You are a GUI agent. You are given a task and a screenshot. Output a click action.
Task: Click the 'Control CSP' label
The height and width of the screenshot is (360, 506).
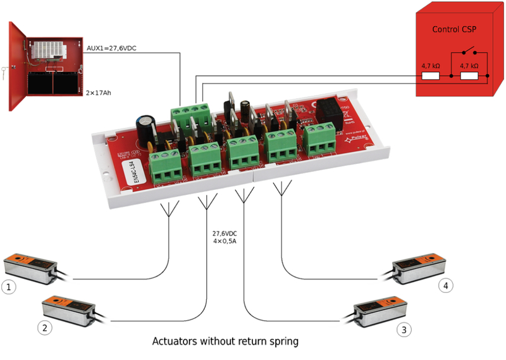453,29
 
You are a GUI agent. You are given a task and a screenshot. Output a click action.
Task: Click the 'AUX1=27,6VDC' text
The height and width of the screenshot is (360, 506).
112,47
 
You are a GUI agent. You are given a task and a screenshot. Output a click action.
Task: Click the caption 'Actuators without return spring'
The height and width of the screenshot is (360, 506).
225,341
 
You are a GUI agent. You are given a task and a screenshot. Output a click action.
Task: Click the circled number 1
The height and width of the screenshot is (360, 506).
9,287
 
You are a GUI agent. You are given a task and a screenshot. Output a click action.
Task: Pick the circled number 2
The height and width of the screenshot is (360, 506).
44,328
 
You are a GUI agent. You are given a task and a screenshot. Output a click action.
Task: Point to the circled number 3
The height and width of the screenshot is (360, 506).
403,329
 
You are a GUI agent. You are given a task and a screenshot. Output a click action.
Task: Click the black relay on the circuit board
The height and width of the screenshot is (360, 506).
330,111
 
